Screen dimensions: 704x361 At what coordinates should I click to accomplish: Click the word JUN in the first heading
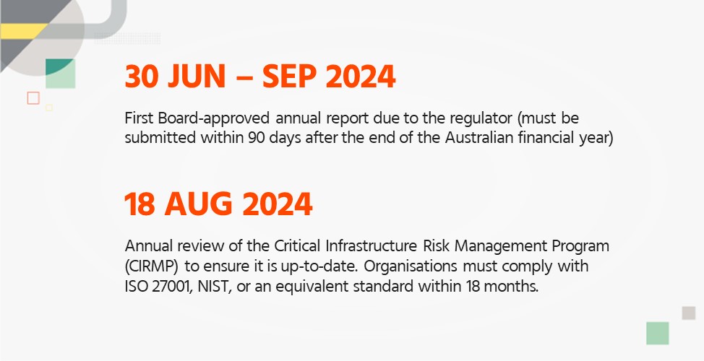pos(197,77)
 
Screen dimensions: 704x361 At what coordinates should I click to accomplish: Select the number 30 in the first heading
pos(142,77)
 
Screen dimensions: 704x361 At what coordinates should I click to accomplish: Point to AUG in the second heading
pos(199,204)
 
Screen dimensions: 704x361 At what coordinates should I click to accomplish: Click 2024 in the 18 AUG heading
pos(278,204)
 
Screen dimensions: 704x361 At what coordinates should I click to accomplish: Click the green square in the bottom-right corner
pos(658,333)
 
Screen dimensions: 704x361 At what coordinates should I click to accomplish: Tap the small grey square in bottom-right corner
pos(689,313)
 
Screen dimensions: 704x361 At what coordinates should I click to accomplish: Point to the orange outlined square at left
pos(33,98)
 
